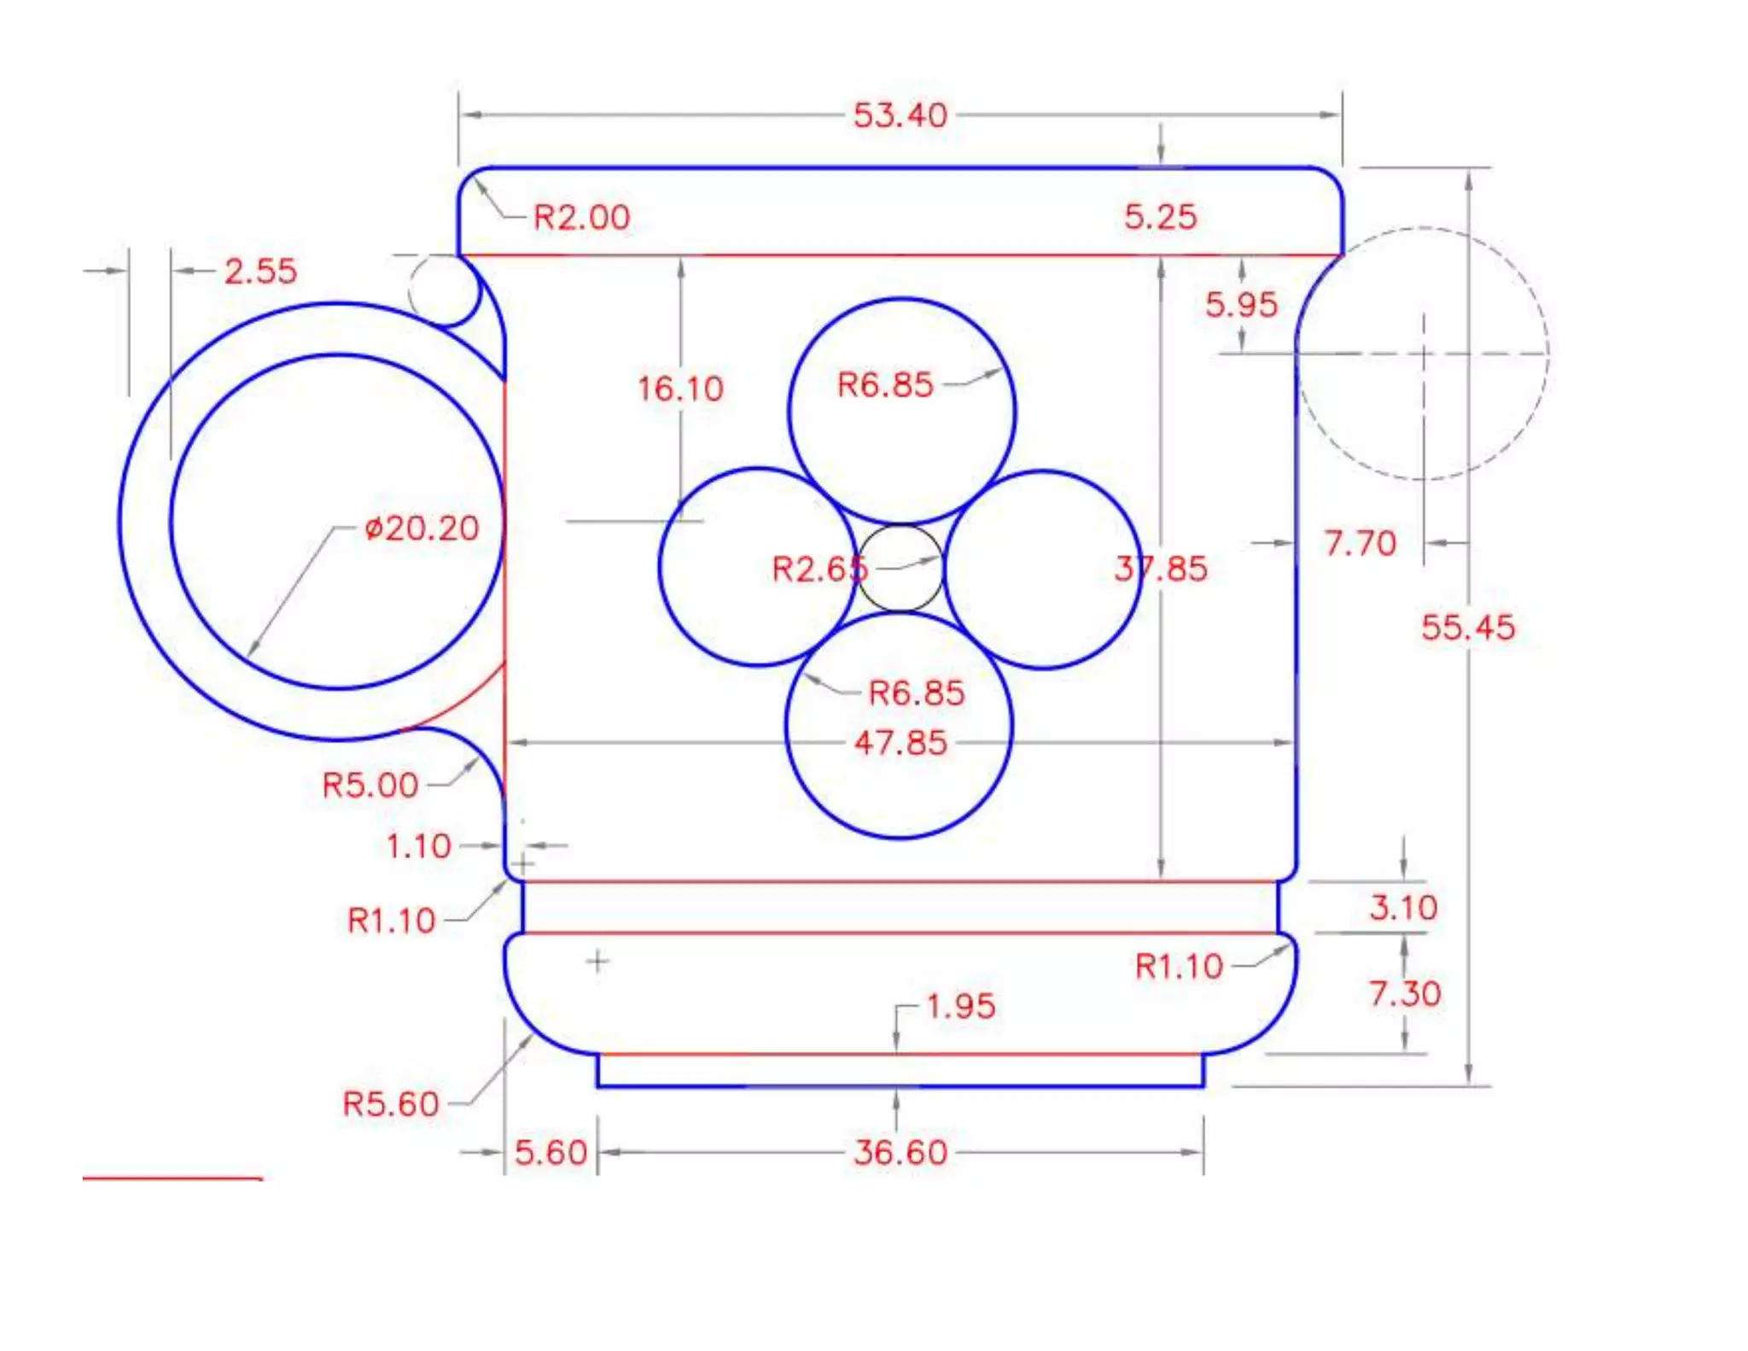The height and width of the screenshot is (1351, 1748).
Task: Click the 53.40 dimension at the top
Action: click(900, 115)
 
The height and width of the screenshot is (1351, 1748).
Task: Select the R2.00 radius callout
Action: click(581, 217)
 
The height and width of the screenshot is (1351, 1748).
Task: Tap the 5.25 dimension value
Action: click(1160, 216)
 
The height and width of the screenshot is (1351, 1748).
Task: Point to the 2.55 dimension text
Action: click(260, 272)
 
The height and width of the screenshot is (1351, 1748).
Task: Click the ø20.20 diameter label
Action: click(422, 529)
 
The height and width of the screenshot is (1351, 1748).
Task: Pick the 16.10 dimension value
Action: click(680, 389)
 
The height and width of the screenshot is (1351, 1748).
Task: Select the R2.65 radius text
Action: click(819, 569)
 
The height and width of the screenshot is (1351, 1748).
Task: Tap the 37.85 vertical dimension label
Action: click(1161, 569)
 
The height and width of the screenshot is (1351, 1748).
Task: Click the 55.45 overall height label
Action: click(1467, 628)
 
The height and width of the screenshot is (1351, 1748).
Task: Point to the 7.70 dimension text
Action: click(1360, 543)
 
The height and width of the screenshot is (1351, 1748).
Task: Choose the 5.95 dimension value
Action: click(1241, 305)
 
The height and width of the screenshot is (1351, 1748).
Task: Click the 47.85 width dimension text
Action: click(900, 743)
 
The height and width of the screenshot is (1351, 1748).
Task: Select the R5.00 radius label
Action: click(370, 785)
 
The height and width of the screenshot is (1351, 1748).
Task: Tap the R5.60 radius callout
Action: click(390, 1104)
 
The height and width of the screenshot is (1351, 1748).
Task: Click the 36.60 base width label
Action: click(900, 1153)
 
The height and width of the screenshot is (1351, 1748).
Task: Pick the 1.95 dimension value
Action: click(960, 1006)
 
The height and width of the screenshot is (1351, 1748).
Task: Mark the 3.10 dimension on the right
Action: click(1403, 907)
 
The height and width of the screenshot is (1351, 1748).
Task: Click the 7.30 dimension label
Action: click(1405, 993)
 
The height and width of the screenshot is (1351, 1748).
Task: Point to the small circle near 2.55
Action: click(445, 290)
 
